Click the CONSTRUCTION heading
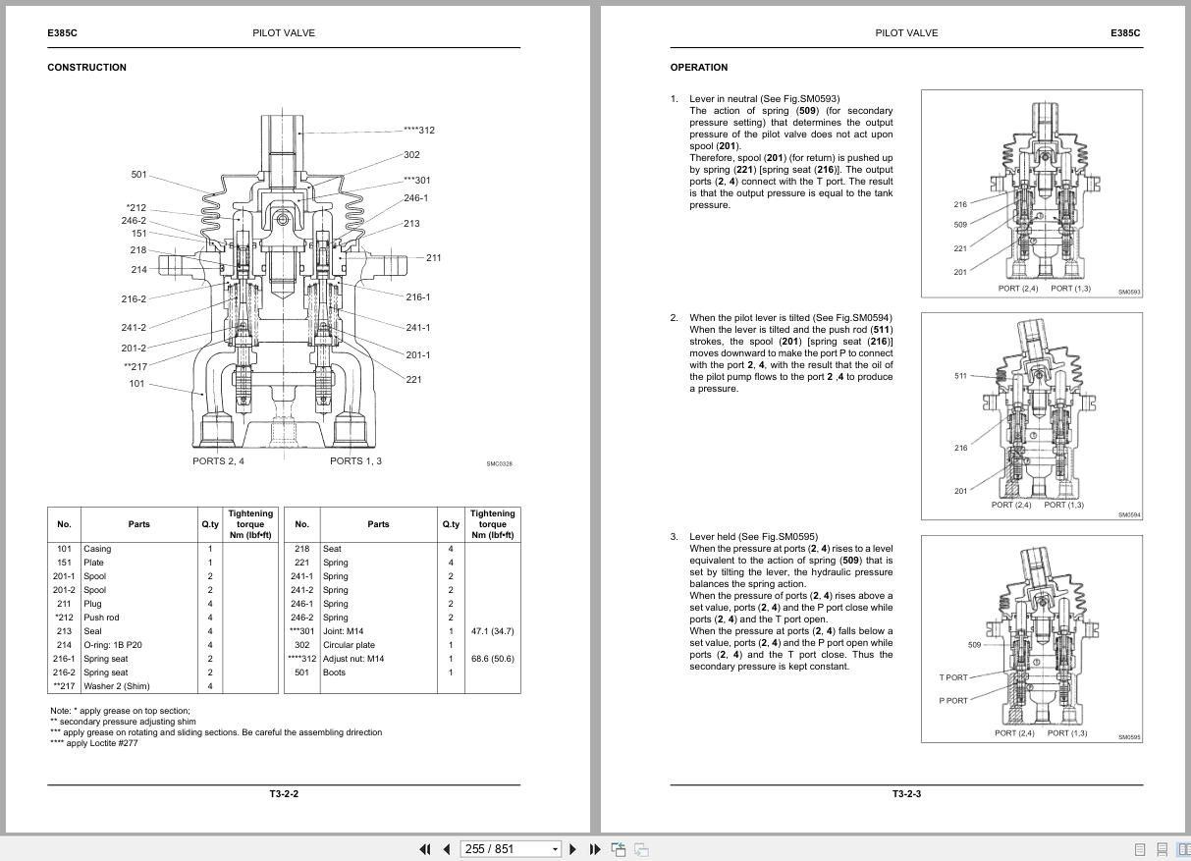pos(86,68)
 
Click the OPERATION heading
pos(699,68)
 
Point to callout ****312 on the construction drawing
pos(418,131)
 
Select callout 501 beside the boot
pos(138,175)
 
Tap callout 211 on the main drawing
pos(433,258)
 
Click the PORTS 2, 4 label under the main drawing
pos(218,460)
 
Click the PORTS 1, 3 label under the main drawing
pos(355,460)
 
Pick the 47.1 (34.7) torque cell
pos(492,631)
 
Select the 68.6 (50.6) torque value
pos(492,659)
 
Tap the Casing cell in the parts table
pos(97,549)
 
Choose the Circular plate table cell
pos(349,645)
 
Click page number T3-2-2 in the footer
pos(284,794)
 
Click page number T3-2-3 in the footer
pos(906,794)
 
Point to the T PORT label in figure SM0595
pos(952,677)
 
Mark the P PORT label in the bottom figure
pos(952,701)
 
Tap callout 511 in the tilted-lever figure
pos(960,376)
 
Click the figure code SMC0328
pos(499,464)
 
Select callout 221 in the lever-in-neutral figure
pos(960,248)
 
